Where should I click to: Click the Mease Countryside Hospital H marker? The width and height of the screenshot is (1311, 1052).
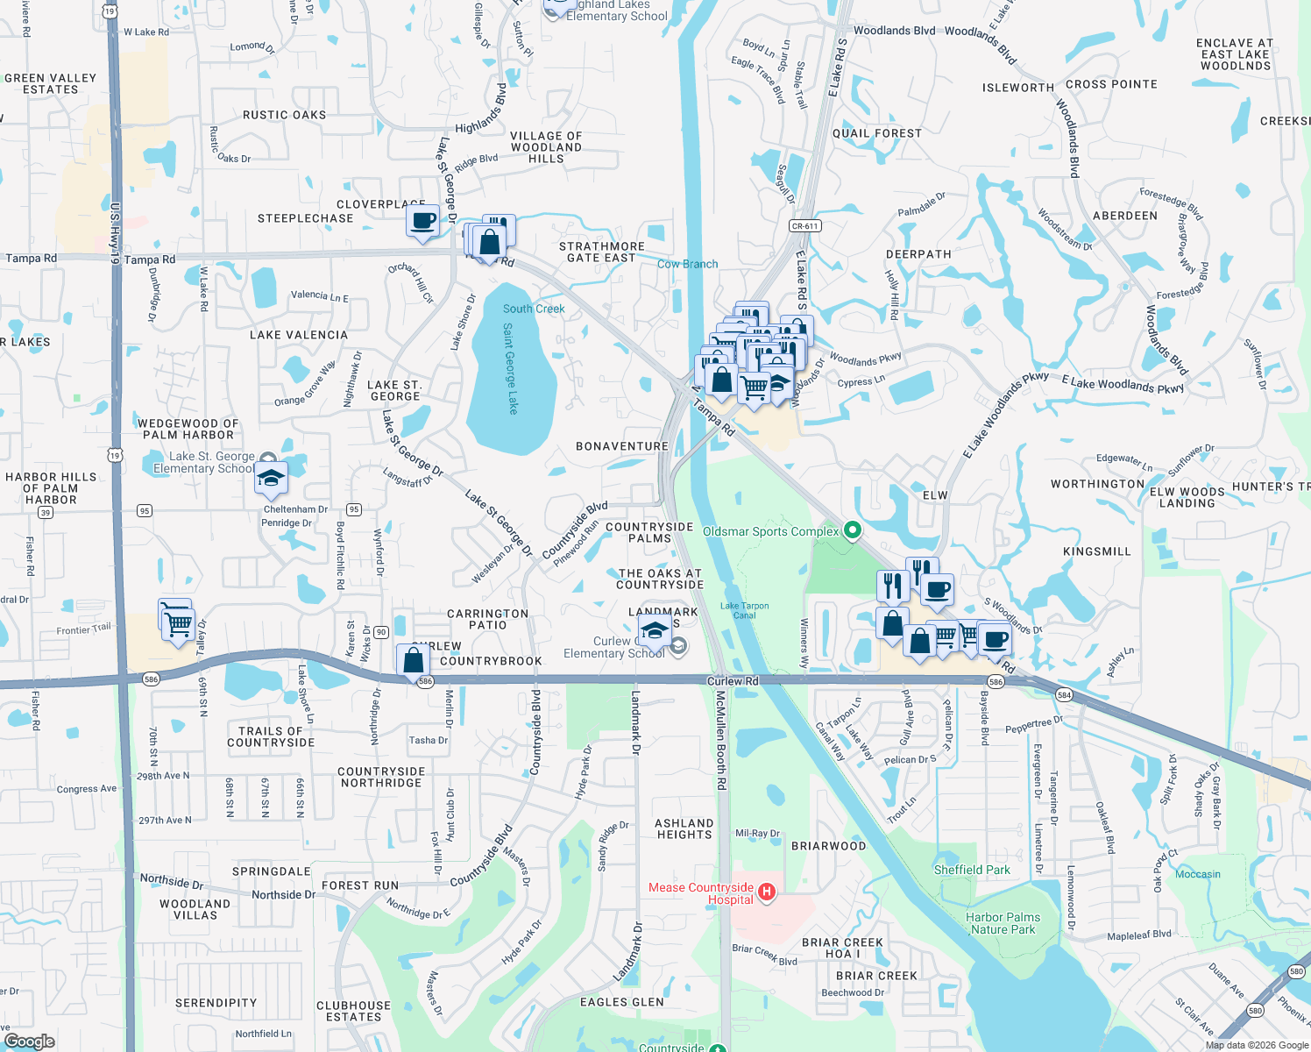click(767, 892)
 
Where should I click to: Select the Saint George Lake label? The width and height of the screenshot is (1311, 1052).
click(511, 368)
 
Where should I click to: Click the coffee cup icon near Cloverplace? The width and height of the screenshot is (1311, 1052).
click(422, 221)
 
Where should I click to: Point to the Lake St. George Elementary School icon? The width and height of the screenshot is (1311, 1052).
click(271, 479)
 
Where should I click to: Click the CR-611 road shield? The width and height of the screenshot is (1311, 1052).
click(804, 226)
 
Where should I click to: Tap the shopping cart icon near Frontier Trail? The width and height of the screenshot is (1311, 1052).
click(179, 625)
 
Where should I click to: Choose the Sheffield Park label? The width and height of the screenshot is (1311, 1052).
click(972, 870)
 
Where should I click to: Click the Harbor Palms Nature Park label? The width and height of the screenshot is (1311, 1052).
click(1003, 923)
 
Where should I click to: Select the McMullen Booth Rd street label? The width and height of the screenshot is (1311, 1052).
click(720, 740)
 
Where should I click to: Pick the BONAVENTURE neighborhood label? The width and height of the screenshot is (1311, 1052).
click(622, 446)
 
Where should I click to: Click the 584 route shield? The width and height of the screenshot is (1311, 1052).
click(1064, 695)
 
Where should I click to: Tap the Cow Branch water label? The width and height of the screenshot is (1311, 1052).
click(687, 264)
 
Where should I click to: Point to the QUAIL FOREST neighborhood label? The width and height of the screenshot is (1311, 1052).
click(876, 133)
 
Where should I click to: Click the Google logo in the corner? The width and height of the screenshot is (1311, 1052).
click(30, 1041)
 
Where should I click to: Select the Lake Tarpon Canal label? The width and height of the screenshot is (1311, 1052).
click(744, 610)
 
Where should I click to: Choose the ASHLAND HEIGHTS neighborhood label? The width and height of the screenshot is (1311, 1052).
click(684, 828)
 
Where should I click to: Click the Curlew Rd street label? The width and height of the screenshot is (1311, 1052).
click(733, 681)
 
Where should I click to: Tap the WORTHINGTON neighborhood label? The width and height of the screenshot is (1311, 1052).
click(1097, 484)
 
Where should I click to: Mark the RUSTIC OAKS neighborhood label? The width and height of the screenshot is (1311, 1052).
click(284, 115)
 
